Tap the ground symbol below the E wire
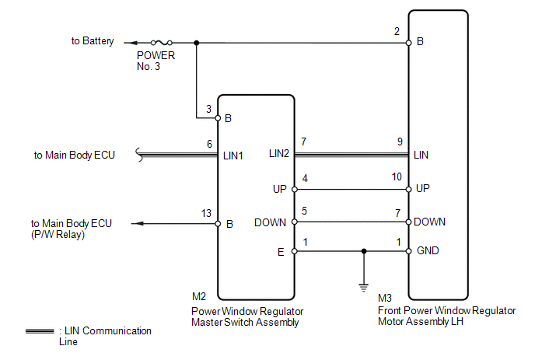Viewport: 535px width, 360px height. point(363,286)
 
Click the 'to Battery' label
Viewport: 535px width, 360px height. point(93,41)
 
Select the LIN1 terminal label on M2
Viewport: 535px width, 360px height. point(234,155)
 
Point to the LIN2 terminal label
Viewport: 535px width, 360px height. point(278,155)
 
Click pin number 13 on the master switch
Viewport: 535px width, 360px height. point(205,212)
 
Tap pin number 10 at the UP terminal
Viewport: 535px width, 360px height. point(397,178)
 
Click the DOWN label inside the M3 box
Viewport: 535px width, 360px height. point(430,222)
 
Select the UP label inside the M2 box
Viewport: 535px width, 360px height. point(280,189)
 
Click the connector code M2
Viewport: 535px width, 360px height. point(199,296)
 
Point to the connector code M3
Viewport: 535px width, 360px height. point(385,298)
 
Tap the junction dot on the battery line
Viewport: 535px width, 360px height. point(196,43)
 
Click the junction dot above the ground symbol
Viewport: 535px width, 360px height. point(363,251)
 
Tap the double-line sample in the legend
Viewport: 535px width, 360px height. point(40,331)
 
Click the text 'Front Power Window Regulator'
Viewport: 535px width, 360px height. point(446,310)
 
